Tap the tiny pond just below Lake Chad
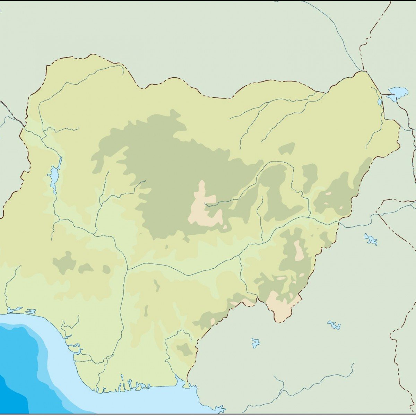[380, 102]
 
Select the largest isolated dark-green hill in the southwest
[64, 262]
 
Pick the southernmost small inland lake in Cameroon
[256, 343]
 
